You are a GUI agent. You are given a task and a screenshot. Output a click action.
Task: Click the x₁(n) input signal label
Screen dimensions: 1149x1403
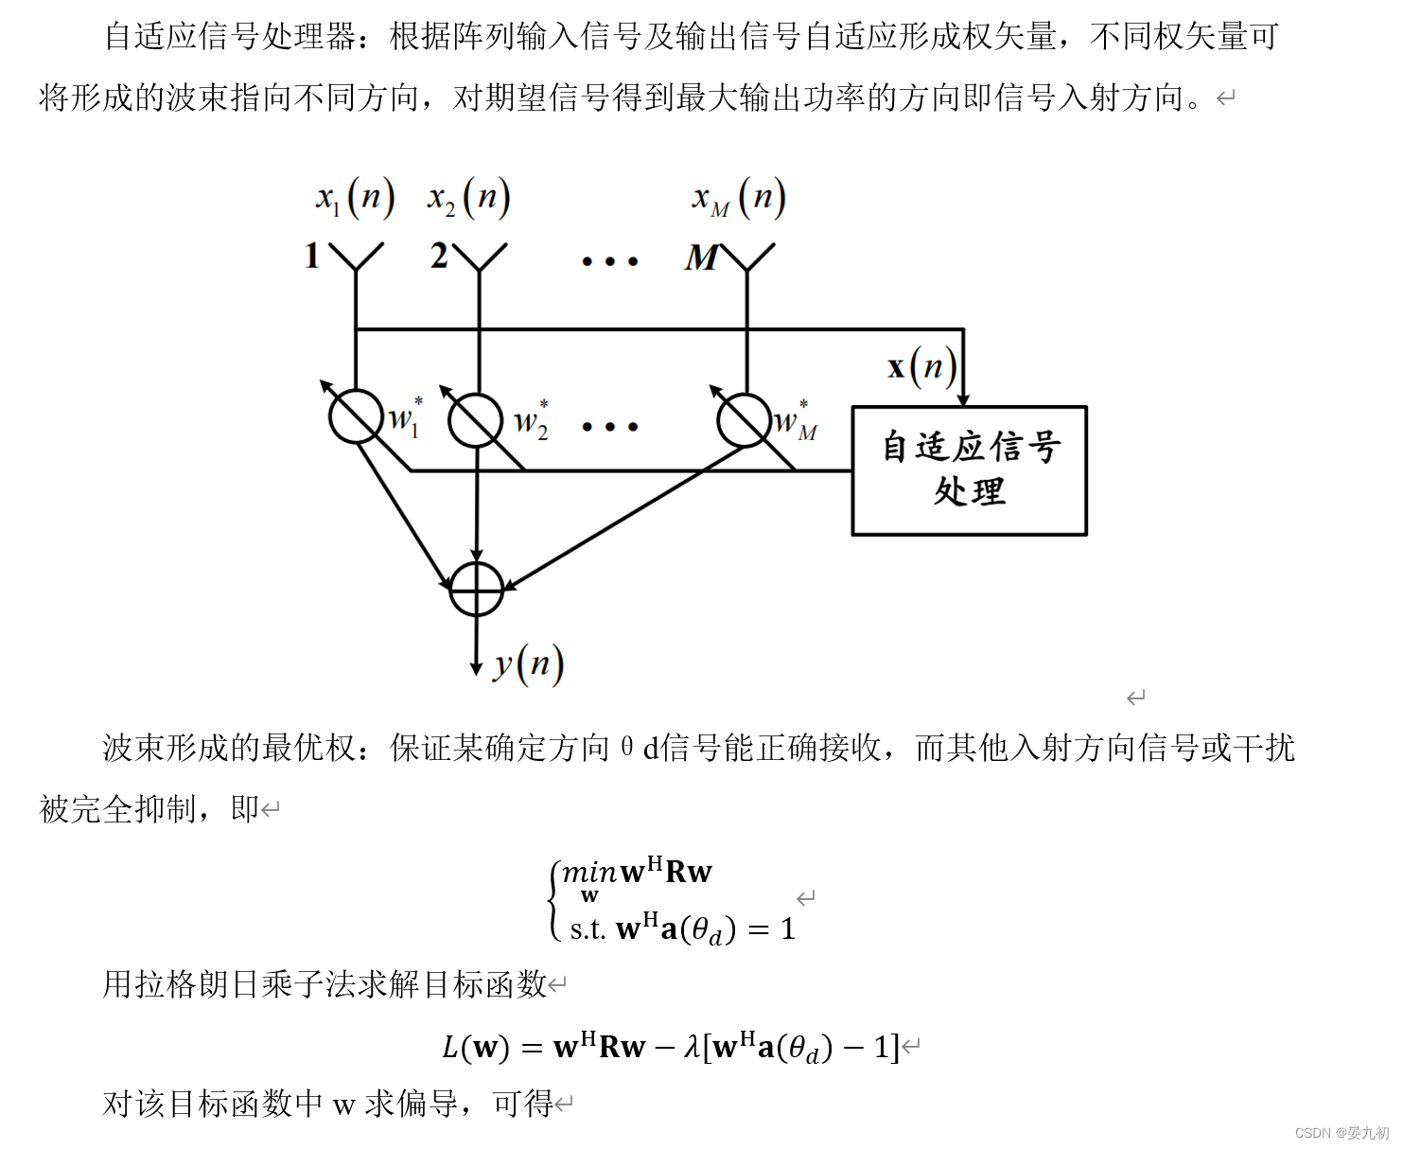click(x=355, y=199)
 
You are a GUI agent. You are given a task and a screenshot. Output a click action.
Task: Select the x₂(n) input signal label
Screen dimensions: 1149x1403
click(x=469, y=199)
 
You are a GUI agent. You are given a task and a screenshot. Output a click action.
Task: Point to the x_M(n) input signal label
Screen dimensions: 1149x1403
click(x=738, y=199)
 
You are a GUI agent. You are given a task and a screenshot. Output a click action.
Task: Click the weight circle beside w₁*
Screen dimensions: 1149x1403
click(x=357, y=416)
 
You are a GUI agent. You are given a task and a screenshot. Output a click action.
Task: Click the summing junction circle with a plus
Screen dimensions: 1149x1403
click(x=477, y=589)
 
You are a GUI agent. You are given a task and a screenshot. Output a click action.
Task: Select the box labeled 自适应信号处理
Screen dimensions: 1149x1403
click(x=970, y=470)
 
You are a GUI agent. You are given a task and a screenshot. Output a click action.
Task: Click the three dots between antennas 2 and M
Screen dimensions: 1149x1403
click(x=610, y=260)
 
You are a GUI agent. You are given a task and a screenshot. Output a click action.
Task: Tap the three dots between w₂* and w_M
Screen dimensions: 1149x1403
click(x=610, y=427)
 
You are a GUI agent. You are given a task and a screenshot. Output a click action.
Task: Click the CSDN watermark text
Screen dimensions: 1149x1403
click(x=1342, y=1133)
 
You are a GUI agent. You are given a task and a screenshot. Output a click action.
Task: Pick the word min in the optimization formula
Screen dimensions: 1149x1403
click(x=588, y=872)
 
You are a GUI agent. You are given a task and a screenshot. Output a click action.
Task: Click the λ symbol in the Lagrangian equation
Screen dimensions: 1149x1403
click(x=693, y=1047)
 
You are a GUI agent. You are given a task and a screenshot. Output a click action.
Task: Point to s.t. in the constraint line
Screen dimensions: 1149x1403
click(x=587, y=929)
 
